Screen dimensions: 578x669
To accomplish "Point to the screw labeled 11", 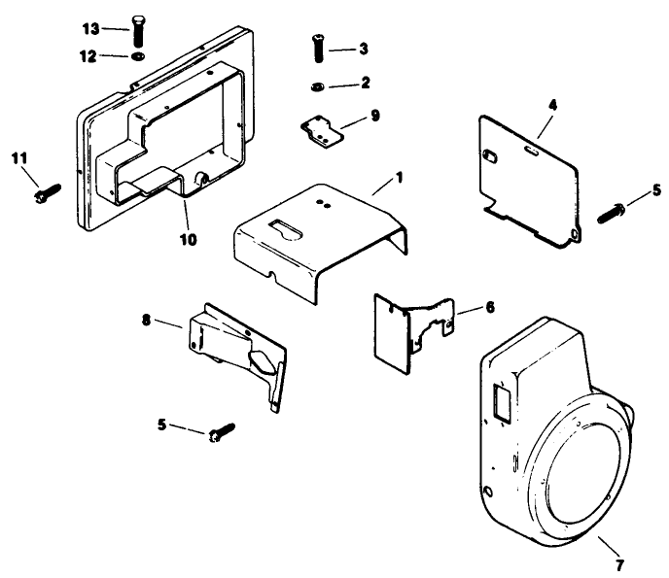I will [46, 195].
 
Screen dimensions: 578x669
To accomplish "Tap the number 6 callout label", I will [488, 307].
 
